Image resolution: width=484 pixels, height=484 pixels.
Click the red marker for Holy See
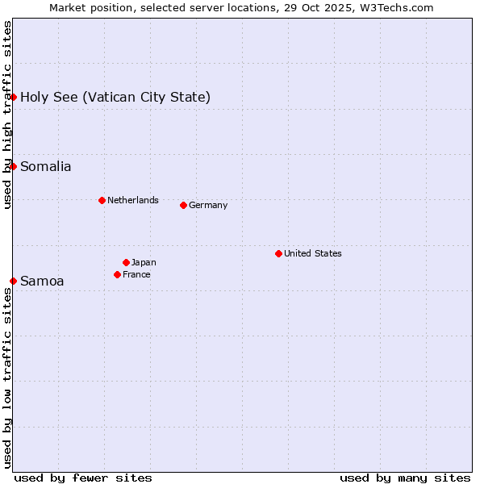[14, 97]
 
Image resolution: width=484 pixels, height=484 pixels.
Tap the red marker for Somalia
[14, 166]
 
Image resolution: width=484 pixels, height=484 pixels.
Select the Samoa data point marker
[14, 281]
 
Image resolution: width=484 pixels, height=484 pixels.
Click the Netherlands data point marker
[102, 200]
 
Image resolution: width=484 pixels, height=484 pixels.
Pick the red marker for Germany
[183, 205]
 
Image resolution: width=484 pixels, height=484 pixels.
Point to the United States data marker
[278, 253]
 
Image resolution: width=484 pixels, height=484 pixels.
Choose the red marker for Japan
[126, 262]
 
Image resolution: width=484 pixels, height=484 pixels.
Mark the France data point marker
[117, 274]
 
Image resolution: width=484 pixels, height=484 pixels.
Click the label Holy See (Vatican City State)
[115, 98]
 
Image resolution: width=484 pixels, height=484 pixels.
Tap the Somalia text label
[46, 167]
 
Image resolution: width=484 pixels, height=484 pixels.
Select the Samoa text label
[42, 282]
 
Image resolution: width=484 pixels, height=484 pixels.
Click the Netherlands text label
[133, 200]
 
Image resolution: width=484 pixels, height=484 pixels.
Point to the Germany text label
[208, 205]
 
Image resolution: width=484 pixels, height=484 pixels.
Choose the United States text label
[313, 253]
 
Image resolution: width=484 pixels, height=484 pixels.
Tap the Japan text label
[144, 262]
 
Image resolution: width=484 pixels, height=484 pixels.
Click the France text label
[136, 274]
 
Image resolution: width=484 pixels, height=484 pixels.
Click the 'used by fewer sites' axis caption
[83, 478]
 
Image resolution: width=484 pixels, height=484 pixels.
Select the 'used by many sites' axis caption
[405, 478]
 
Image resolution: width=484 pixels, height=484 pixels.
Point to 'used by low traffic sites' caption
[7, 378]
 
